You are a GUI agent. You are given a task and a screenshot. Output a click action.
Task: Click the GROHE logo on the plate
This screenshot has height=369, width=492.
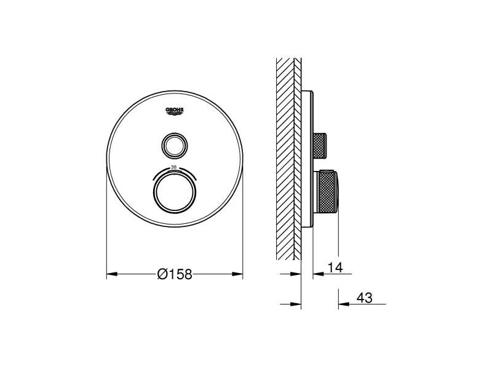(175, 111)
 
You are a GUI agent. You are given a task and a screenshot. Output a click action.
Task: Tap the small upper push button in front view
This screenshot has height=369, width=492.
(175, 145)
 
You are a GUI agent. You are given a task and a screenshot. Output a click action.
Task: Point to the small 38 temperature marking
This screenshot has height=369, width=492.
(173, 167)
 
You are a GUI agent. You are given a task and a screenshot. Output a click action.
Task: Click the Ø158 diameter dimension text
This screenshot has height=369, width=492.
(175, 274)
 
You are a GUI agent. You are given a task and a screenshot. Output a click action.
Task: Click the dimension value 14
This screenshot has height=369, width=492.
(335, 268)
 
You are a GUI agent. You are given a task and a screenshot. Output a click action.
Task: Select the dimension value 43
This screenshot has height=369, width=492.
(364, 298)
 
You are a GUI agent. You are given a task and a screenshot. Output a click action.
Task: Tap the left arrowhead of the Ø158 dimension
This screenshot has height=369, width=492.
(112, 274)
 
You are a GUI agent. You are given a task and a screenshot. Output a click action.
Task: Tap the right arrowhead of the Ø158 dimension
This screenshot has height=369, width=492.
(237, 274)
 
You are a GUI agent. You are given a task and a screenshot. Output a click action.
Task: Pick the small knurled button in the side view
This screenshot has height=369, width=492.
(320, 145)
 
